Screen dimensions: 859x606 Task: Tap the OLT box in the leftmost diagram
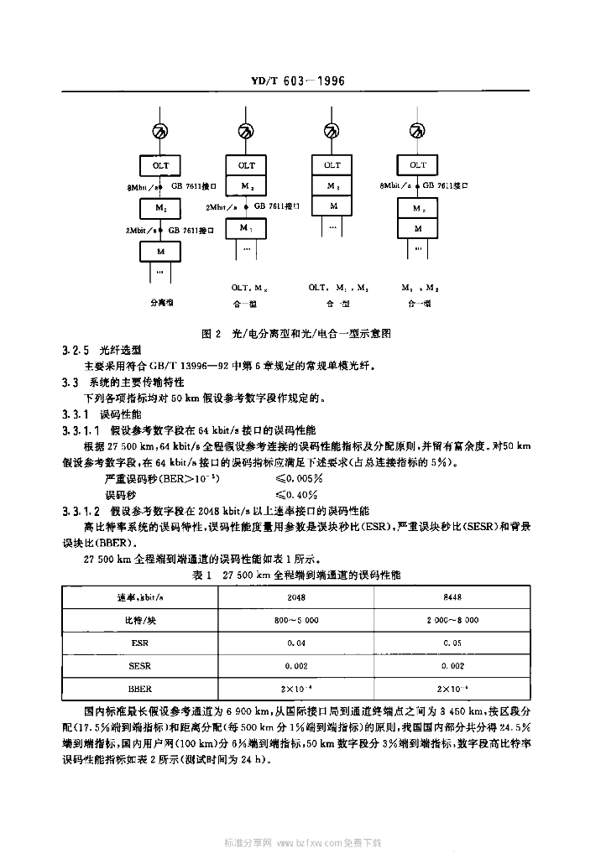pos(161,165)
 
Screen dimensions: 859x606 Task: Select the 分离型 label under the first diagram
pos(161,300)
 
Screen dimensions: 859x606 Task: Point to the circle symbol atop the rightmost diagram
pos(418,131)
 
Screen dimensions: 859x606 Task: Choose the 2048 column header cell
pos(295,598)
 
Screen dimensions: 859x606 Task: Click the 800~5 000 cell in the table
pos(295,620)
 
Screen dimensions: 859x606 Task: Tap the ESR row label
pos(140,643)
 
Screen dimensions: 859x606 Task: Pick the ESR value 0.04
pos(295,643)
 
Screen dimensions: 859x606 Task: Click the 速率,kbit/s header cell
pos(140,598)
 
